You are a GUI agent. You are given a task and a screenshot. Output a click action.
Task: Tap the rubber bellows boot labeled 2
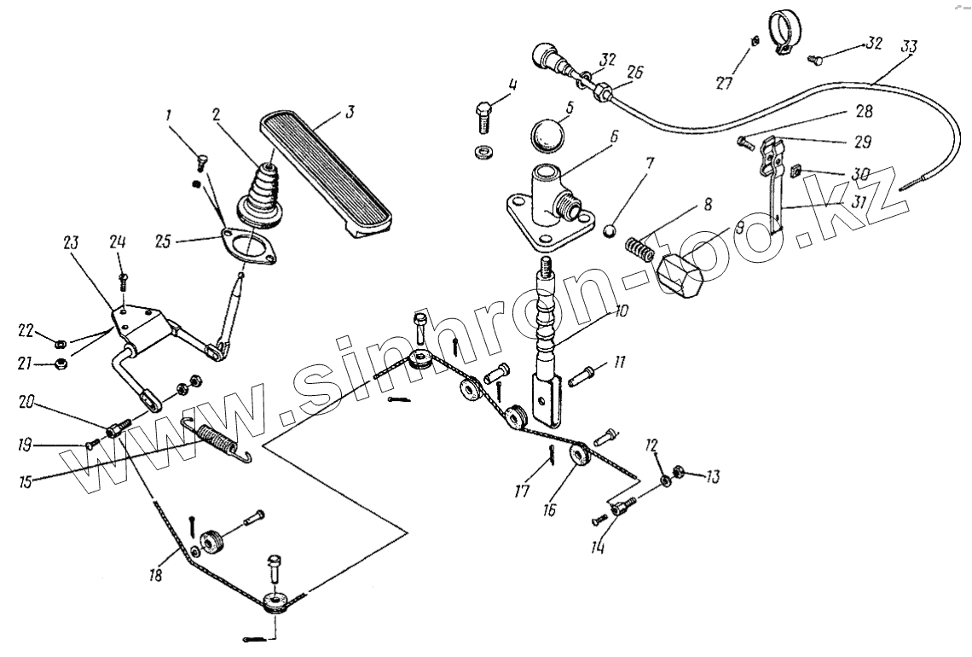click(x=262, y=195)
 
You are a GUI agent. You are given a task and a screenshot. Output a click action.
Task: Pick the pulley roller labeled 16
click(x=581, y=454)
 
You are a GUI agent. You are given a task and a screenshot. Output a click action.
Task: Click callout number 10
click(x=621, y=313)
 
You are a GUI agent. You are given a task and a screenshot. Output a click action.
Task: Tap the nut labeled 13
click(x=680, y=470)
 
